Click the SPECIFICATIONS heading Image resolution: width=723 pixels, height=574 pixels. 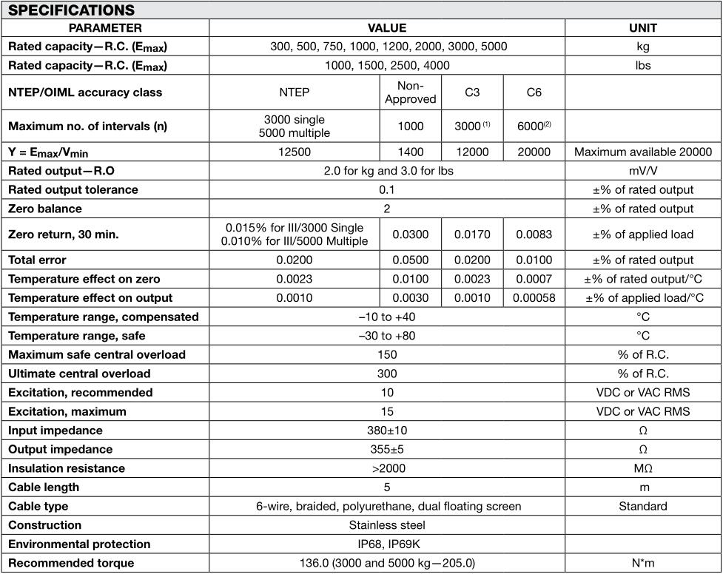(71, 10)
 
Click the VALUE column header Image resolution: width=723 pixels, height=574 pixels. (387, 28)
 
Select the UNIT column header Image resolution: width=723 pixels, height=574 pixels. (642, 28)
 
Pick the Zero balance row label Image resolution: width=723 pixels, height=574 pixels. (45, 209)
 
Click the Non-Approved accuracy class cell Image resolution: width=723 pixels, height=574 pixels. (411, 92)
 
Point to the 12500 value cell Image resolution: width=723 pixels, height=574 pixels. (294, 152)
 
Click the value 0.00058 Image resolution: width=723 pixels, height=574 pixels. (534, 297)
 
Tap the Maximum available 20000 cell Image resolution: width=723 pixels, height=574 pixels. (642, 152)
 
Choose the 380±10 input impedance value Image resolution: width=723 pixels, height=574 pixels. (387, 430)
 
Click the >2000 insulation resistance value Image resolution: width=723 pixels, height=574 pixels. (387, 468)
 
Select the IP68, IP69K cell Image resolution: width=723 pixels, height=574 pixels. (387, 544)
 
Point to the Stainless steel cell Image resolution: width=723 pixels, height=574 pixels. (387, 525)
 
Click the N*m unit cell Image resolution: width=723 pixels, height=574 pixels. (642, 564)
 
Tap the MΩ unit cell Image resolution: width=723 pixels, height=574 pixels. (642, 468)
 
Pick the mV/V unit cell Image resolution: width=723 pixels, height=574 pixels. (642, 170)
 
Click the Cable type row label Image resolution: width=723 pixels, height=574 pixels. (38, 507)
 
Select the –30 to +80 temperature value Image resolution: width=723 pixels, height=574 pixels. (387, 335)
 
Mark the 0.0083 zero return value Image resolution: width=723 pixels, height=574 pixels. (534, 234)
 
